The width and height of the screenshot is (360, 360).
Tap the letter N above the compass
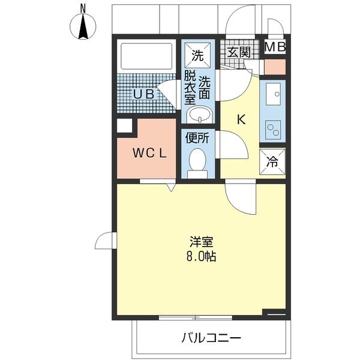coord(83,8)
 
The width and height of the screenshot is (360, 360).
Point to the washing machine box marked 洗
coord(197,55)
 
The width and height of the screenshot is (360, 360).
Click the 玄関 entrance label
coord(238,52)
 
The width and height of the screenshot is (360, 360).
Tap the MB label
coord(275,47)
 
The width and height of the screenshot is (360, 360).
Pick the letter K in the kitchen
coord(241,119)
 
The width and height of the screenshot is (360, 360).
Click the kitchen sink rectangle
coord(274,94)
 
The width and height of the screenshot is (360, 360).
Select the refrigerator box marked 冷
coord(272,161)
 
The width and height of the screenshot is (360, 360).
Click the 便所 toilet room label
coord(197,137)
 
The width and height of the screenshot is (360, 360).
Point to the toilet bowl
coord(197,160)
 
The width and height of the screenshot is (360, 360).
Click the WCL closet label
coord(149,153)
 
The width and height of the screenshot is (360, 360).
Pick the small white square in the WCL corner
coord(124,126)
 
